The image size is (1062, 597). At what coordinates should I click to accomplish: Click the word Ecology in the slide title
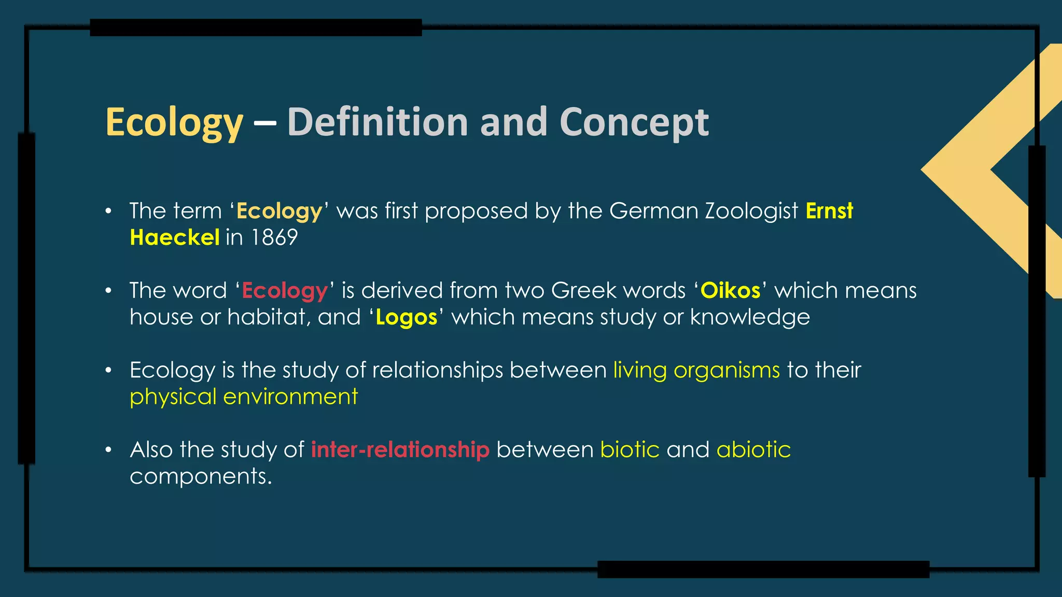click(174, 123)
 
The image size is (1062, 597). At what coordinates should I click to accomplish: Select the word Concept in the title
click(634, 123)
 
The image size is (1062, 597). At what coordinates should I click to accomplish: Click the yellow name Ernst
click(829, 211)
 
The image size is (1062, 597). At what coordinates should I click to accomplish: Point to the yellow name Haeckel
click(175, 237)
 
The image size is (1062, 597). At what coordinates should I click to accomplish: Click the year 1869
click(274, 237)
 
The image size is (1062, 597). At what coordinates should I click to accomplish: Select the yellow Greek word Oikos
click(730, 290)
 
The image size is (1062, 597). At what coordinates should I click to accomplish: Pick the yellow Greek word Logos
click(407, 317)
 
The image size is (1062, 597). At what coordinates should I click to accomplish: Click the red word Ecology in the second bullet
click(285, 291)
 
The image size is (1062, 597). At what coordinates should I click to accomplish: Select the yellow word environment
click(290, 397)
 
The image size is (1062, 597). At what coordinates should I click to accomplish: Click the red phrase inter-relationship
click(400, 449)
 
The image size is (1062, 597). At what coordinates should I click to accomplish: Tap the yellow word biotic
click(630, 449)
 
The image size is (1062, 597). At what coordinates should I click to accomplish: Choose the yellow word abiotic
click(753, 449)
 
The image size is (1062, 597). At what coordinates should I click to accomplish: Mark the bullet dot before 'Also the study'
click(108, 450)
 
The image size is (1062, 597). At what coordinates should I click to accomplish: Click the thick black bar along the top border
click(256, 27)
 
